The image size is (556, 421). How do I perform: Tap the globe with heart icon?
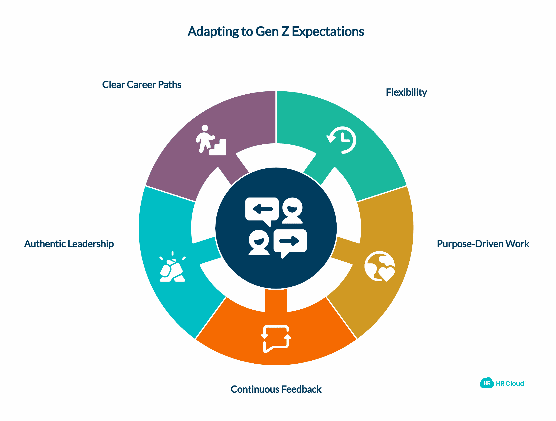(380, 266)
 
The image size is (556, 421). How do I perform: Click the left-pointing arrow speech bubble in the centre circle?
(262, 212)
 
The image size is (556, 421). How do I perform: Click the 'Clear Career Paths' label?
(142, 85)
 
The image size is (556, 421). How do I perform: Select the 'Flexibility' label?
(406, 92)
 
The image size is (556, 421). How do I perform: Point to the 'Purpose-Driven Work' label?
(483, 244)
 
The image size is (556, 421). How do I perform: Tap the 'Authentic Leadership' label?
(69, 244)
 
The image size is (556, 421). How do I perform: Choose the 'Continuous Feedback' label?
(276, 389)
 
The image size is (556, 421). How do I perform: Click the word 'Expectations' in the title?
(328, 32)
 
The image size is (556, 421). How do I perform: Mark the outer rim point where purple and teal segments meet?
(276, 91)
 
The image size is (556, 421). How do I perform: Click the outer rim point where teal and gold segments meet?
(407, 186)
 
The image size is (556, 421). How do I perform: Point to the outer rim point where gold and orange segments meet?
(357, 339)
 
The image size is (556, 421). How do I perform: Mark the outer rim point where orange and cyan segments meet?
(195, 339)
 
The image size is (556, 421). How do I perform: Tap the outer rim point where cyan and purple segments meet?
(145, 186)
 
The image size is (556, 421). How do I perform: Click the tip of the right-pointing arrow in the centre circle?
(299, 241)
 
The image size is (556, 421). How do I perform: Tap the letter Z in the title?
(285, 32)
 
